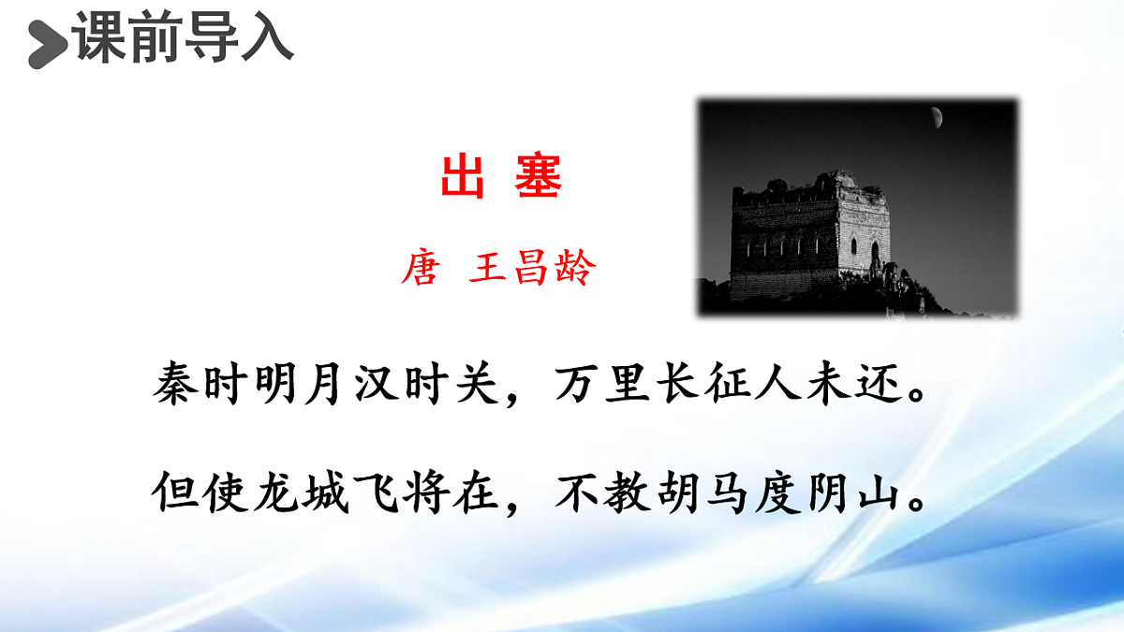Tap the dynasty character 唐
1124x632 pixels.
[x=419, y=270]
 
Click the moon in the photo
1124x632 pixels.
[x=936, y=117]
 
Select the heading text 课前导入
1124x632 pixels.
[x=183, y=39]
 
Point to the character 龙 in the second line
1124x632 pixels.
[x=277, y=492]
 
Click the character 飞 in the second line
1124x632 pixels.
[x=378, y=492]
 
